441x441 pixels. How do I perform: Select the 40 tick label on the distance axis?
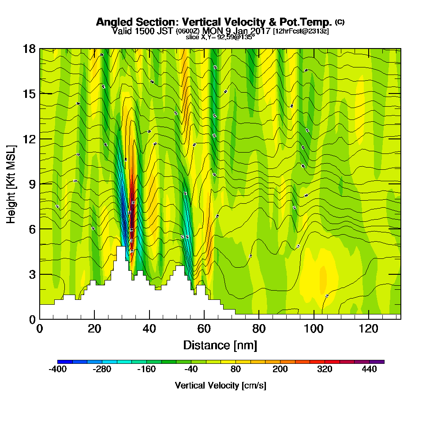coord(149,329)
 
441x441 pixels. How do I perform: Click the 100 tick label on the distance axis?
coord(314,329)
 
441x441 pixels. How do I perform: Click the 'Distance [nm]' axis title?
coord(220,345)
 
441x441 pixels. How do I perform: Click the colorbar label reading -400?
coord(57,370)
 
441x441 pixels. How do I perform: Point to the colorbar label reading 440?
coord(369,370)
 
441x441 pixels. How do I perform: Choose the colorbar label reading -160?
coord(146,370)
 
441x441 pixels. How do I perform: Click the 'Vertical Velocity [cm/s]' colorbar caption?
coord(220,385)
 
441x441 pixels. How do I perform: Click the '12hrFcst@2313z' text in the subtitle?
coord(301,31)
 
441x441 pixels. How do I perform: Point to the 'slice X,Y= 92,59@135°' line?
coord(220,37)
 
